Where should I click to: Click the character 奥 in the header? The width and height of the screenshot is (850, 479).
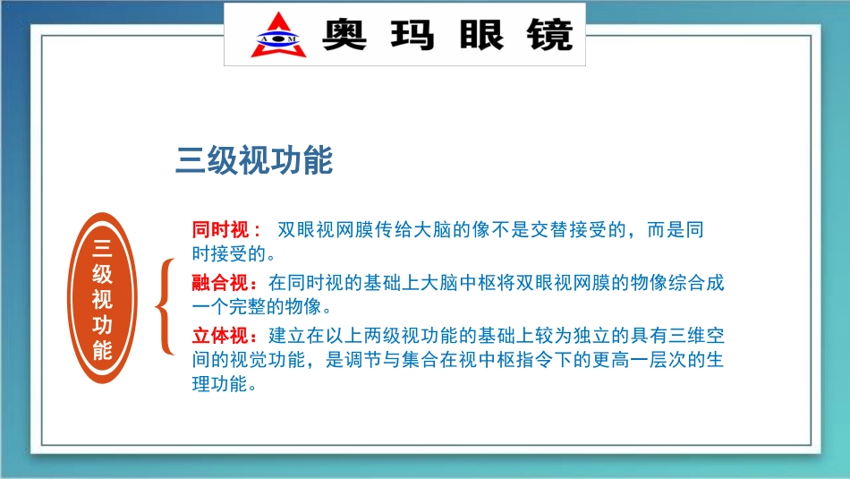[x=344, y=35]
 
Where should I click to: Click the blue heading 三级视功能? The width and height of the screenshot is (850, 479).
[x=254, y=161]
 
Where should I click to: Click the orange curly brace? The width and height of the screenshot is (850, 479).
[x=164, y=308]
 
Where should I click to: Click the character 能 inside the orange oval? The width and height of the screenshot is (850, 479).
[x=102, y=350]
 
